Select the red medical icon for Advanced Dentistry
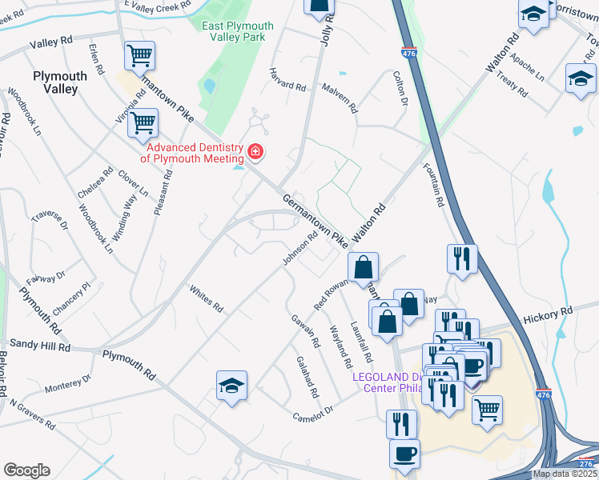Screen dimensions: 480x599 tap(255, 151)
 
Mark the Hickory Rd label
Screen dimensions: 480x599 tap(549, 311)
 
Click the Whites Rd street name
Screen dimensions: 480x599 tap(207, 295)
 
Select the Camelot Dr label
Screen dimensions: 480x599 tap(312, 417)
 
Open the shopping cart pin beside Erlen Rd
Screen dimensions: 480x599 tap(139, 55)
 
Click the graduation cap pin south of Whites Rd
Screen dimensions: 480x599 tap(231, 386)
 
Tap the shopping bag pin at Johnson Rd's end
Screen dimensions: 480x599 tap(364, 266)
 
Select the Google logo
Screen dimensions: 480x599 tap(26, 470)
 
